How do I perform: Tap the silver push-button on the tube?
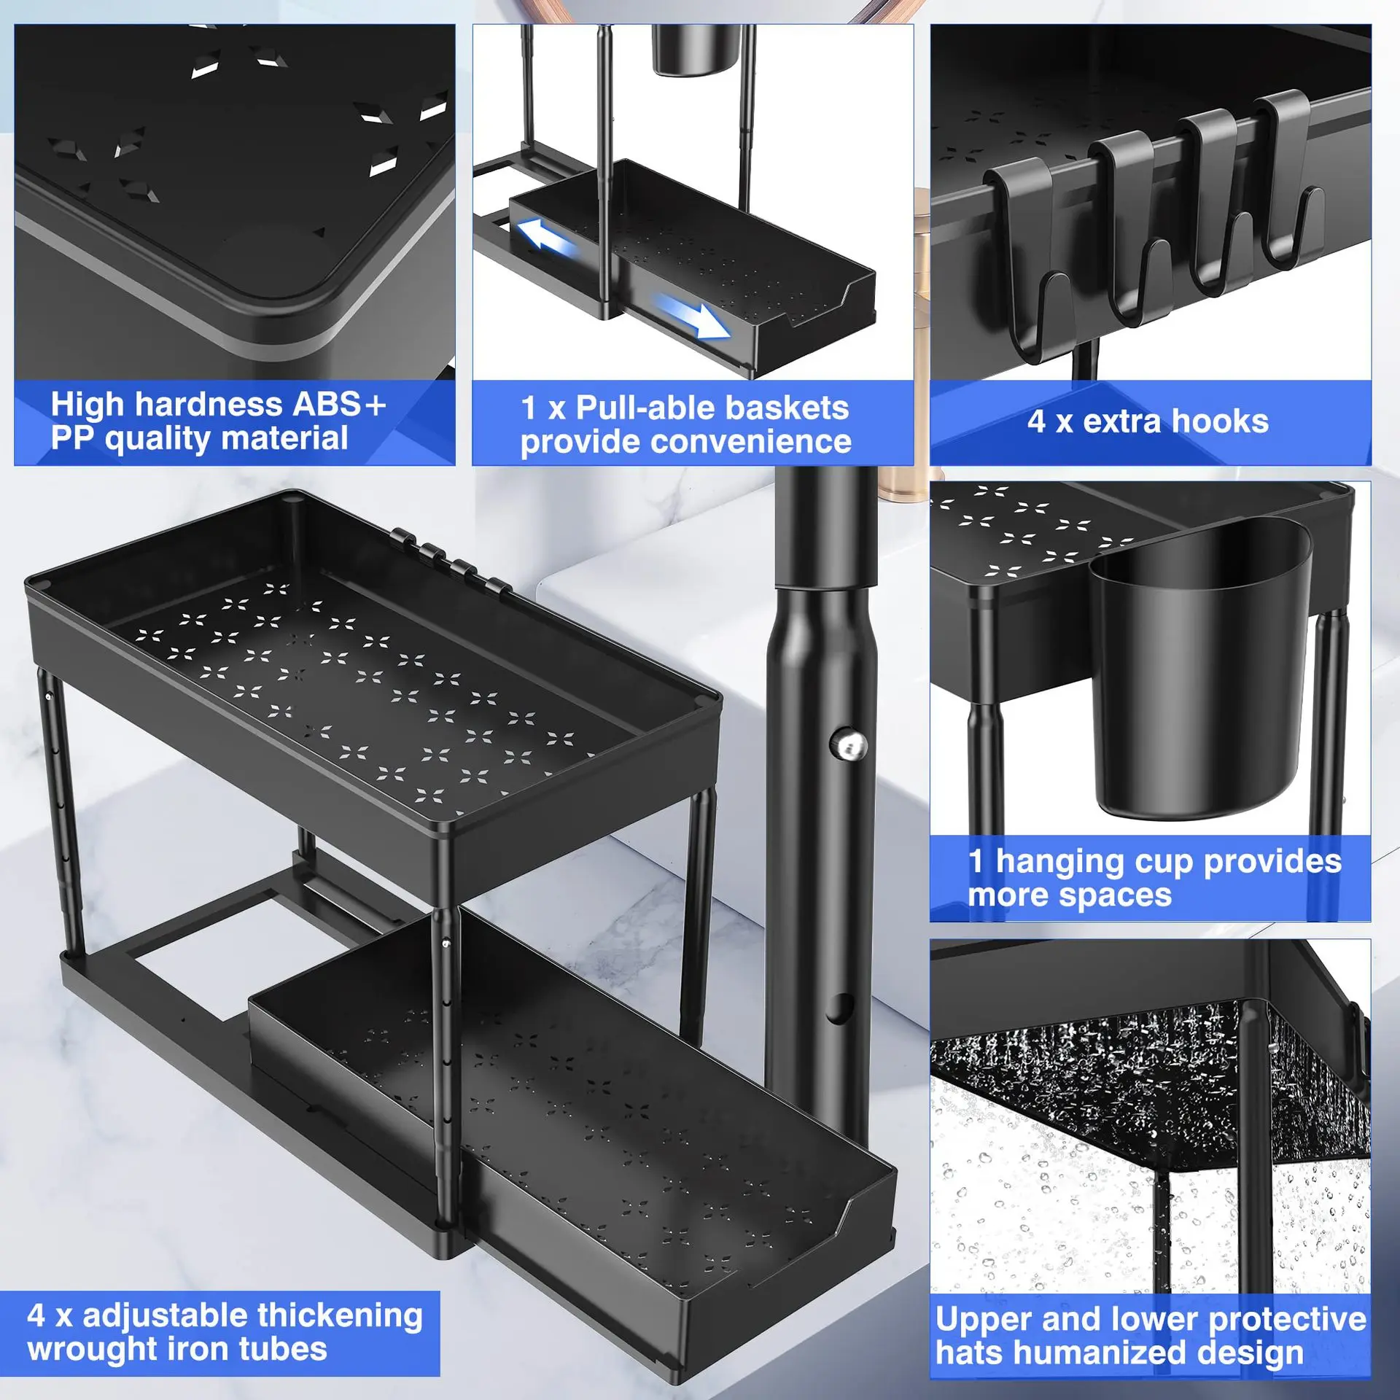click(x=849, y=745)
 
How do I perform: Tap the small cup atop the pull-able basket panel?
click(x=689, y=50)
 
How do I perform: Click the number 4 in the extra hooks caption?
click(x=1036, y=421)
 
